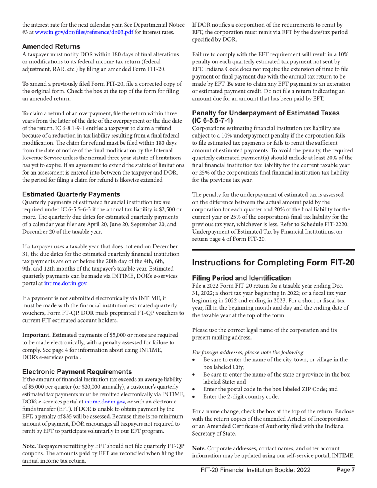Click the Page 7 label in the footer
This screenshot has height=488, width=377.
pos(342,481)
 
